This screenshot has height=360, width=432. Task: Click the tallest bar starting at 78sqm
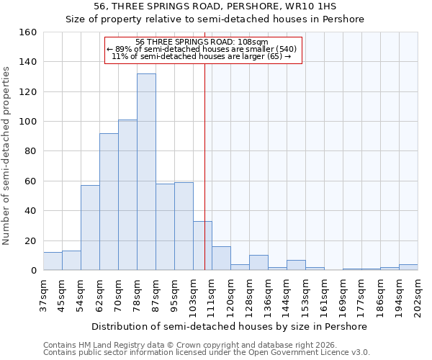(x=146, y=172)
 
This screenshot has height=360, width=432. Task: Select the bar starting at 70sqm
(x=127, y=195)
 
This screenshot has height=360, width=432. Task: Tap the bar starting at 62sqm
(x=109, y=202)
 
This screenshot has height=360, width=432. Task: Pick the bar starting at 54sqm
(x=90, y=228)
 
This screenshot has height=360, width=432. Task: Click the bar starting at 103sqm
(x=202, y=246)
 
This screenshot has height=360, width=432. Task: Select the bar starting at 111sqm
(x=221, y=258)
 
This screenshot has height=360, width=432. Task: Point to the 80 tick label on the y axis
(x=30, y=151)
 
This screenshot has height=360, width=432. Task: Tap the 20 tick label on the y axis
(x=30, y=240)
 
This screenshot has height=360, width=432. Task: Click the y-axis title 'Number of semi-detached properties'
(x=6, y=151)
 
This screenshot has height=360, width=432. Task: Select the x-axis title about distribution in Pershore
(x=230, y=326)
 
